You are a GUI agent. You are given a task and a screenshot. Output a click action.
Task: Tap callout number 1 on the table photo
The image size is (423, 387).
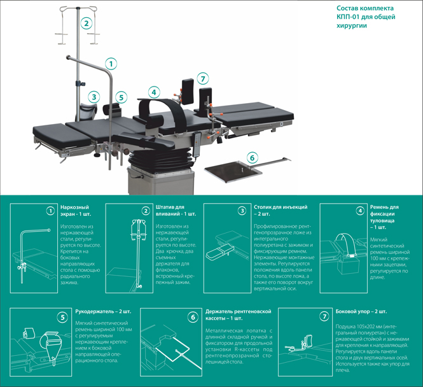tap(111, 64)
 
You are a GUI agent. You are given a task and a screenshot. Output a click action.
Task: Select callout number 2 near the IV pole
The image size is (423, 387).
tap(87, 24)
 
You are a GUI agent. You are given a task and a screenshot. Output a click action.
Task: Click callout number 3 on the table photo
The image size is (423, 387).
tap(94, 97)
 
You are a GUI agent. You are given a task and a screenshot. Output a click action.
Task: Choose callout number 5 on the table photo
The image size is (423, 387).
tap(121, 97)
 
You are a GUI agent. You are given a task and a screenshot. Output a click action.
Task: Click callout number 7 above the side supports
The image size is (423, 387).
tap(202, 79)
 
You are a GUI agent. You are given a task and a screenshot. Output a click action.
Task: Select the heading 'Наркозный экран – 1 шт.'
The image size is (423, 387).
tap(74, 211)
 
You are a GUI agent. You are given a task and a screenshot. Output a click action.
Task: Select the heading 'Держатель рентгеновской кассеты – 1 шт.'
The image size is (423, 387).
tap(239, 314)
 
